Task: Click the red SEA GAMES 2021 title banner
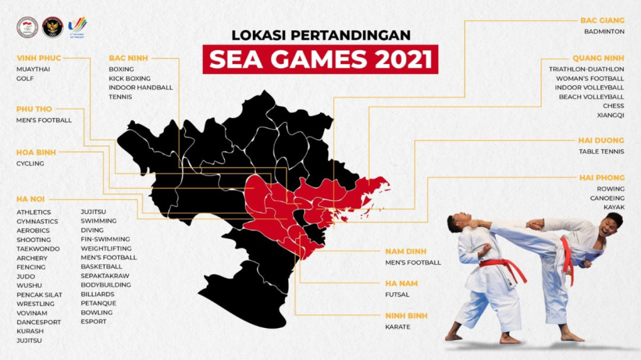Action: coord(320,59)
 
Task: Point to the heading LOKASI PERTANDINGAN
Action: coord(320,35)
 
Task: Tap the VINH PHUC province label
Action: coord(39,58)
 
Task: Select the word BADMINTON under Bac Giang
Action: coord(604,31)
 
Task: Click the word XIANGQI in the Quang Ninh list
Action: coord(612,115)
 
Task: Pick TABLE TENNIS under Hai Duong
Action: coord(602,151)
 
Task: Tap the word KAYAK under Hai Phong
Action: coord(614,207)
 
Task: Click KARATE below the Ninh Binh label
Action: coord(397,327)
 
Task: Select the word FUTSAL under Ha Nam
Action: coord(397,294)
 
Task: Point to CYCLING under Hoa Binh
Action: coord(30,163)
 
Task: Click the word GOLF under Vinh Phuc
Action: coord(25,78)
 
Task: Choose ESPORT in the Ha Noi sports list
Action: coord(94,321)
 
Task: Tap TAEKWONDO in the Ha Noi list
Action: coord(39,249)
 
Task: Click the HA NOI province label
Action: coord(30,199)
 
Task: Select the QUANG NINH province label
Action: coord(598,58)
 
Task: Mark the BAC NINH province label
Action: coord(128,58)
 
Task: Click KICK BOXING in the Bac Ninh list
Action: coord(129,78)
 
